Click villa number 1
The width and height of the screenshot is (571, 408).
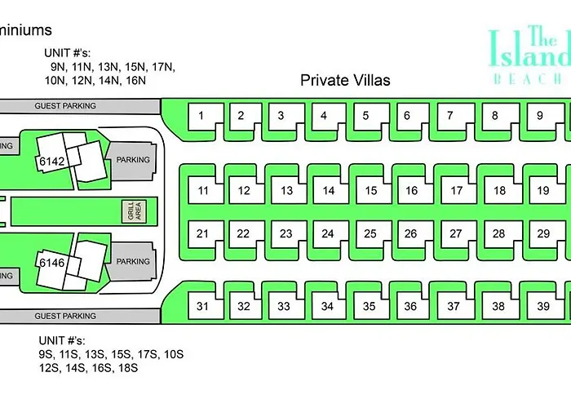click(201, 116)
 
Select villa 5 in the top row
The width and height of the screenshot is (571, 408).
click(365, 116)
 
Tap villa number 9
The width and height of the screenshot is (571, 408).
click(539, 116)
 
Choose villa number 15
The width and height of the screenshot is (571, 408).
click(370, 191)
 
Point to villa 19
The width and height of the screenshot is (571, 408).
click(542, 191)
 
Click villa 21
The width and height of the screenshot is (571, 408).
click(202, 233)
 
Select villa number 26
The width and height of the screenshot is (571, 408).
click(411, 233)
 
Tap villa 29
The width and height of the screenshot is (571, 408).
click(542, 233)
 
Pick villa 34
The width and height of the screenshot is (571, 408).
click(327, 307)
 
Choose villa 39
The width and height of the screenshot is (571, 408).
click(542, 307)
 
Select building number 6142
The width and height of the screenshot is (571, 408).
click(51, 162)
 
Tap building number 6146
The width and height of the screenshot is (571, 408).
click(51, 263)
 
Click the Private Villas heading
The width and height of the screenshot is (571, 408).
click(345, 80)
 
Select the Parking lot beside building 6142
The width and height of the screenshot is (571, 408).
click(133, 160)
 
